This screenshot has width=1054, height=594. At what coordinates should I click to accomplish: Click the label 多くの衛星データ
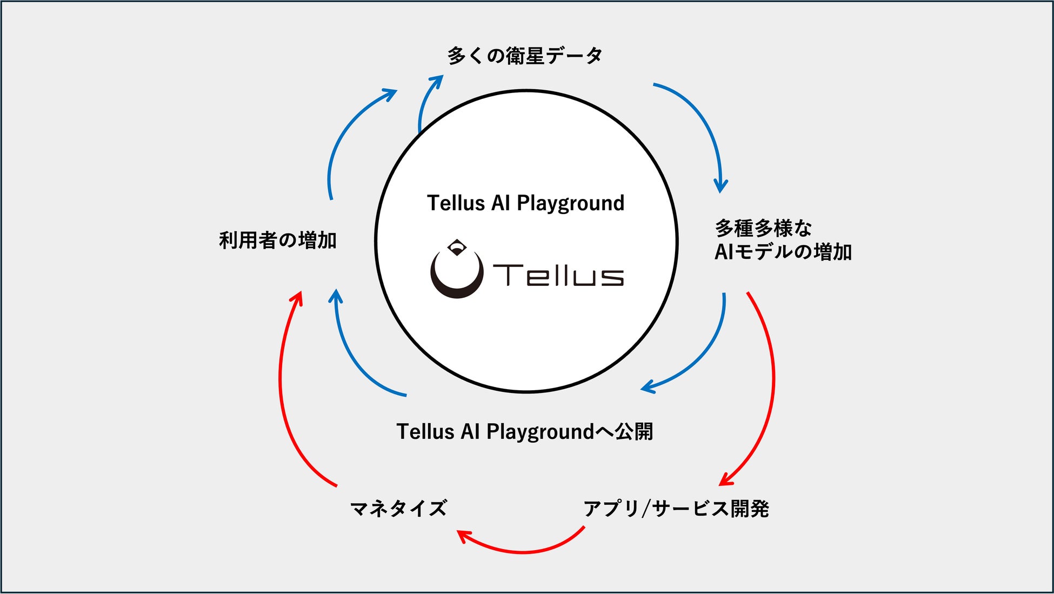[x=525, y=56]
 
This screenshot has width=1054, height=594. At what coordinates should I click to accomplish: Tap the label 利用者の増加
[x=278, y=240]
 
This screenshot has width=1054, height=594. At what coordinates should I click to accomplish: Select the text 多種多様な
[x=763, y=228]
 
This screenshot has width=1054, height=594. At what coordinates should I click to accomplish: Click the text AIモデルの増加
[x=783, y=252]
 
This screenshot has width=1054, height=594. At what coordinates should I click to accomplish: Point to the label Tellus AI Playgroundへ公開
[x=525, y=431]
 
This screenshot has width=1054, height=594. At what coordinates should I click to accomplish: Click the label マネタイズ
[x=399, y=508]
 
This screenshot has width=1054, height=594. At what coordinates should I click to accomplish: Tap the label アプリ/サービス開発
[x=676, y=508]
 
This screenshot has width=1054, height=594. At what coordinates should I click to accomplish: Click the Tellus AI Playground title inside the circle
[x=525, y=203]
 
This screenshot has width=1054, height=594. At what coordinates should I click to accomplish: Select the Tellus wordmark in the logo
[x=558, y=275]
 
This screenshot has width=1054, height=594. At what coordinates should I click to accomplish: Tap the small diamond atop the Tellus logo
[x=457, y=246]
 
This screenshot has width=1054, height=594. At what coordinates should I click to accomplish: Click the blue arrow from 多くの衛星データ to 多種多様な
[x=703, y=124]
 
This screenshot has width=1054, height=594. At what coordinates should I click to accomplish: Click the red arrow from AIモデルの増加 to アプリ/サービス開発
[x=770, y=389]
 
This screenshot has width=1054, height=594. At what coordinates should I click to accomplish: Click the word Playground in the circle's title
[x=570, y=203]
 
